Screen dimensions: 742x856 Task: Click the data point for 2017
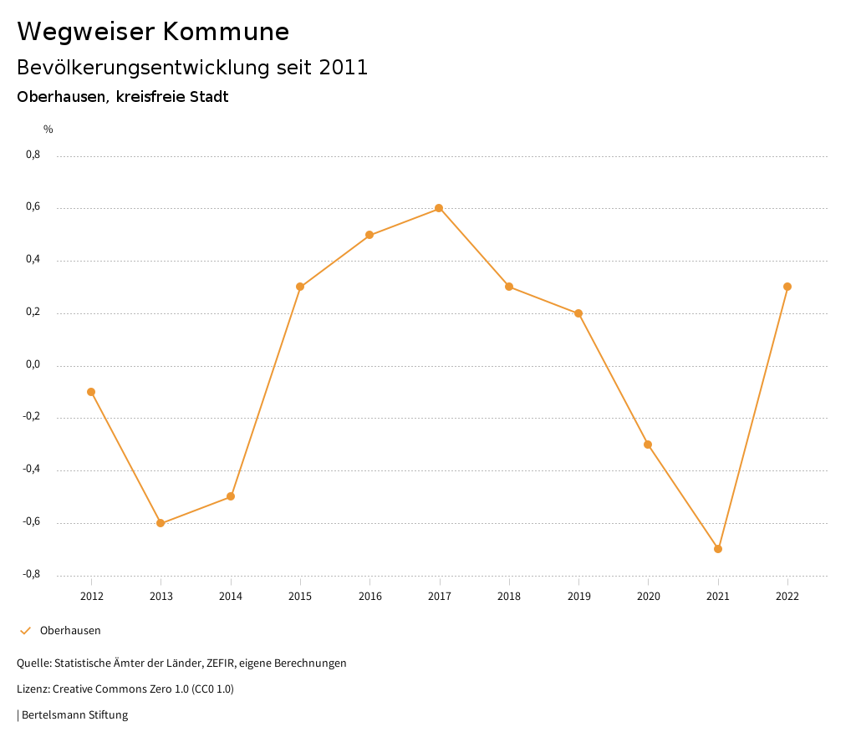click(x=439, y=208)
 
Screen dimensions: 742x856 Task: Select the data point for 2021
click(x=718, y=549)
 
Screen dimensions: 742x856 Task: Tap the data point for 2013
click(x=160, y=523)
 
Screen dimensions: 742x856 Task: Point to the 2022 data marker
click(x=787, y=287)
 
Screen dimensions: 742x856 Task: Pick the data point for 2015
click(x=300, y=287)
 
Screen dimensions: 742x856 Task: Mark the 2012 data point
click(x=91, y=392)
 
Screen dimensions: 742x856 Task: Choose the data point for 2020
click(x=648, y=445)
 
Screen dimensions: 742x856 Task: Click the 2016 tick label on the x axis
click(x=369, y=596)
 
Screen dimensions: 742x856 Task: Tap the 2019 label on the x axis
click(x=578, y=596)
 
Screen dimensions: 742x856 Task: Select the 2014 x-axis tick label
click(x=231, y=596)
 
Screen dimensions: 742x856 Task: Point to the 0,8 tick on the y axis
click(x=33, y=155)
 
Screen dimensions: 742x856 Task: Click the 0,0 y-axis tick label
click(x=33, y=364)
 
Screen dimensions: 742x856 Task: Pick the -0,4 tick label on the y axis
click(x=31, y=469)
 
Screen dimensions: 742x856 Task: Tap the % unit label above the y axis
click(x=48, y=130)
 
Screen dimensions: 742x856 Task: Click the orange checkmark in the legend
click(x=25, y=630)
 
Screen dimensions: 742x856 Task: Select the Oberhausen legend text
click(x=70, y=630)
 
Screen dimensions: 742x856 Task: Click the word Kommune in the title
click(x=226, y=32)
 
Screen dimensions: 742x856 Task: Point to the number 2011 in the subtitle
click(x=344, y=68)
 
